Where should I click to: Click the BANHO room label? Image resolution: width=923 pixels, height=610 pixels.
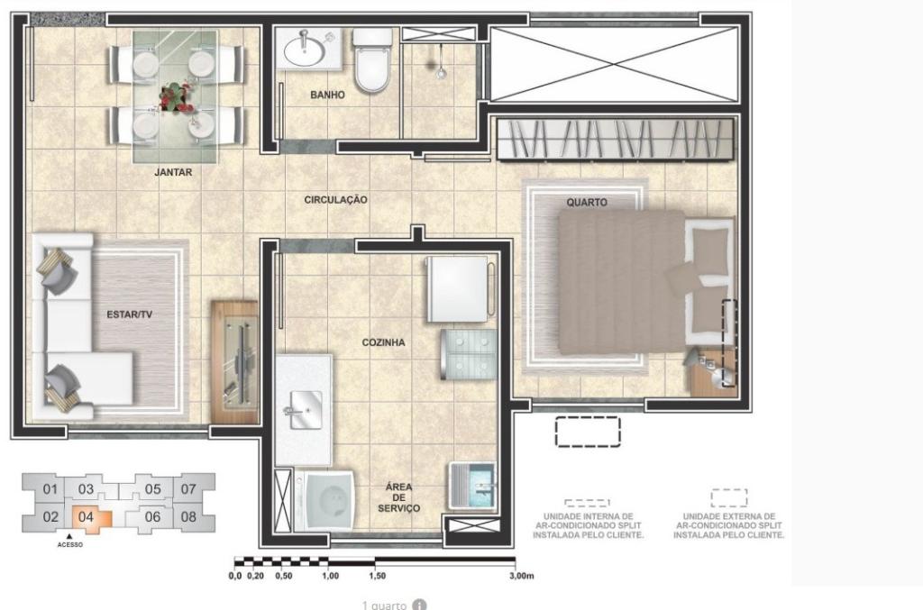[327, 95]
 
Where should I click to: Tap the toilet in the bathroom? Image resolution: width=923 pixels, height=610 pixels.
[372, 60]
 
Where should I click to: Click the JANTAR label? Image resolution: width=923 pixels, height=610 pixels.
[173, 172]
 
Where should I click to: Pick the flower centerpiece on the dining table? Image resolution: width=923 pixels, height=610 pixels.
[176, 97]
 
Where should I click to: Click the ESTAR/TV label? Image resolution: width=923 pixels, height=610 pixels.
[130, 314]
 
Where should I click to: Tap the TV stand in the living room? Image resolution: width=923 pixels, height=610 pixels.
[234, 361]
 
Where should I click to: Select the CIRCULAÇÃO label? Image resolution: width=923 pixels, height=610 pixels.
[335, 200]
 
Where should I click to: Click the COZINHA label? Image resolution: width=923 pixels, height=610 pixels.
[383, 342]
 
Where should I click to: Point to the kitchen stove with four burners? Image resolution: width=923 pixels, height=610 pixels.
[469, 354]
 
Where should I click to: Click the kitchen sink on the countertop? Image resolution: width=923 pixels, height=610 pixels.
[305, 410]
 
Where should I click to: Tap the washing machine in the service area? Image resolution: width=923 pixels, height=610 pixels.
[324, 499]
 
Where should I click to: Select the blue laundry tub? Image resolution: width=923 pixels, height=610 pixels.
[472, 486]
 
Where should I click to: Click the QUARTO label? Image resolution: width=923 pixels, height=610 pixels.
[586, 203]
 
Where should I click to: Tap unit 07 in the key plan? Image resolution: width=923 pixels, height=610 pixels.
[187, 489]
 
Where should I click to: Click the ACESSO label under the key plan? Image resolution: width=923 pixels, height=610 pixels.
[70, 545]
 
